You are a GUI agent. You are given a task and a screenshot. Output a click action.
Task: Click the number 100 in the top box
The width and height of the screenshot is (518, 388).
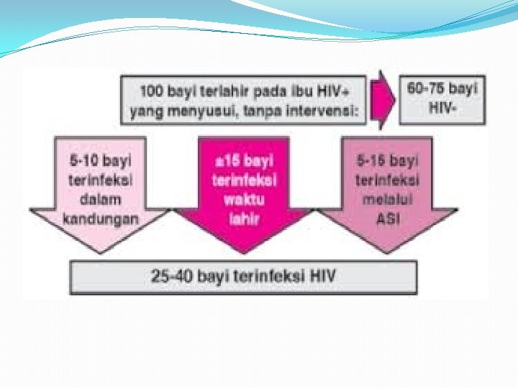click(x=152, y=91)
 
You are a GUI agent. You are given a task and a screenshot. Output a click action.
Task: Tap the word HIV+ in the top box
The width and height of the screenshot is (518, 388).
click(x=348, y=91)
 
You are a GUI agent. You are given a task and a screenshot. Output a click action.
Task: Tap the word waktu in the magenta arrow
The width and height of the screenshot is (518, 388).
click(x=244, y=200)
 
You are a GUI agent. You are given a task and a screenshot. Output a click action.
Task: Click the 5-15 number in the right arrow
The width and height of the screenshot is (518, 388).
click(x=372, y=160)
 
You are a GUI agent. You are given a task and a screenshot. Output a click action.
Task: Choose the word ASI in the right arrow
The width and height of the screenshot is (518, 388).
click(x=388, y=218)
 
